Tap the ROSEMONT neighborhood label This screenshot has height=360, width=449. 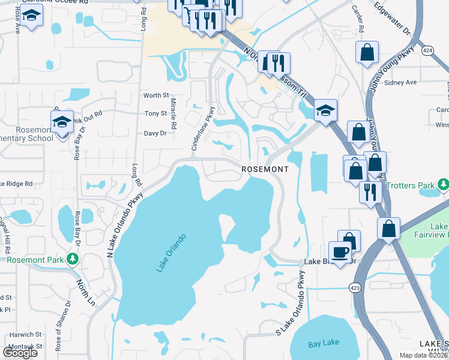(x=265, y=170)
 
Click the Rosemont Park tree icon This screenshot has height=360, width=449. (x=73, y=259)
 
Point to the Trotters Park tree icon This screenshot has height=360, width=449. (x=443, y=184)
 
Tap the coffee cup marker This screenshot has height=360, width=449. (x=340, y=251)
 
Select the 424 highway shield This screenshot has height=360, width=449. (x=427, y=50)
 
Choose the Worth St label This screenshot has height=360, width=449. (x=156, y=95)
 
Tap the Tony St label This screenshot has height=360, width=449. (x=155, y=113)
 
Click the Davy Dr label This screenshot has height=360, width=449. (x=155, y=133)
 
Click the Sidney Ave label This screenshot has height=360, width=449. (x=400, y=82)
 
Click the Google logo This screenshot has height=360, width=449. (x=20, y=353)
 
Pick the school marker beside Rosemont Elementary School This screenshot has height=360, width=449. (x=62, y=122)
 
